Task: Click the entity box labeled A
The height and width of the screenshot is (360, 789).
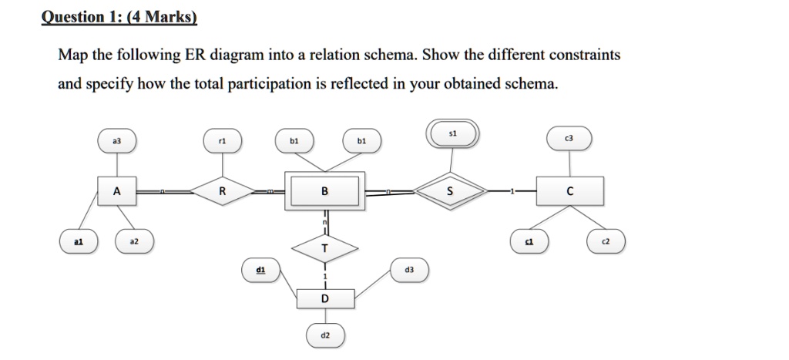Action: click(x=116, y=191)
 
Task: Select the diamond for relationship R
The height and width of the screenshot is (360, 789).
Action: click(x=222, y=191)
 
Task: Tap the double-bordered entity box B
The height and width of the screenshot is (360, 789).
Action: click(x=324, y=191)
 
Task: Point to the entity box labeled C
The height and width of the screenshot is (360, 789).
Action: click(x=571, y=191)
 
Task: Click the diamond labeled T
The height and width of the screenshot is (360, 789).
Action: click(x=324, y=248)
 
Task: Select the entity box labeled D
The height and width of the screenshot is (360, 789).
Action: click(x=324, y=298)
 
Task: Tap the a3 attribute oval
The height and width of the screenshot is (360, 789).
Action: click(x=116, y=141)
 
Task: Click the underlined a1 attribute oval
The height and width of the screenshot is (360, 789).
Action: click(x=79, y=241)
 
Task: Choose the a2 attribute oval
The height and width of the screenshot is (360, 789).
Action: click(x=134, y=241)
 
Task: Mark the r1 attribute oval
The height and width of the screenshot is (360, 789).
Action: click(x=222, y=141)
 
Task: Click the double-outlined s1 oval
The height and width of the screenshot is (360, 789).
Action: click(x=453, y=133)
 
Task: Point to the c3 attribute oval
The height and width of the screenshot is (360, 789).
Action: click(x=569, y=138)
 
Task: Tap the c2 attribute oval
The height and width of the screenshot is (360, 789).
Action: click(x=606, y=241)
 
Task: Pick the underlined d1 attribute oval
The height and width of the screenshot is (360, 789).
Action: click(x=260, y=270)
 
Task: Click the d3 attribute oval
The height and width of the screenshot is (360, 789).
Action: click(x=408, y=270)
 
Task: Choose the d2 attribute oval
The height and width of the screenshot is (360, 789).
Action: click(x=324, y=336)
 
